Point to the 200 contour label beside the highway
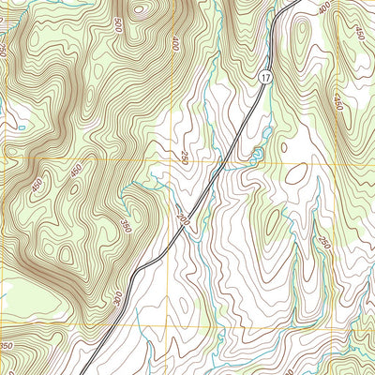(180, 218)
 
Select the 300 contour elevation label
(116, 297)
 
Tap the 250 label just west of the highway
(185, 156)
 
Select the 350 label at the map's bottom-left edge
(7, 347)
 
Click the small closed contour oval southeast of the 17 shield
(296, 172)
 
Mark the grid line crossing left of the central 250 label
(170, 160)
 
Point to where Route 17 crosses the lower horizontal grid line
(104, 325)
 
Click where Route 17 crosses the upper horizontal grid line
(222, 160)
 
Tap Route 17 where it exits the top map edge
(293, 2)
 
